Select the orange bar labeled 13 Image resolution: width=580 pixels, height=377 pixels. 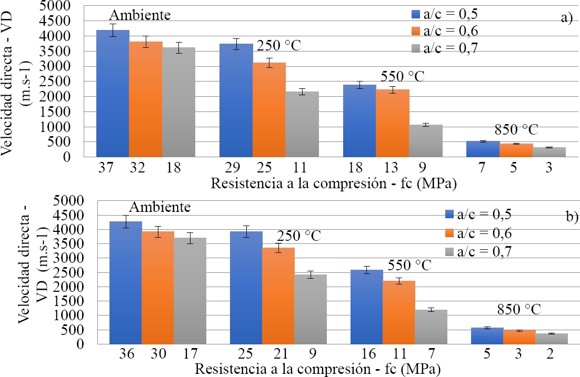coord(393,123)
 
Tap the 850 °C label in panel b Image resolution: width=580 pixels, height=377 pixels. coord(521,309)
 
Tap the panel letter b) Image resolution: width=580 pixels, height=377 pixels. coord(571,216)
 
